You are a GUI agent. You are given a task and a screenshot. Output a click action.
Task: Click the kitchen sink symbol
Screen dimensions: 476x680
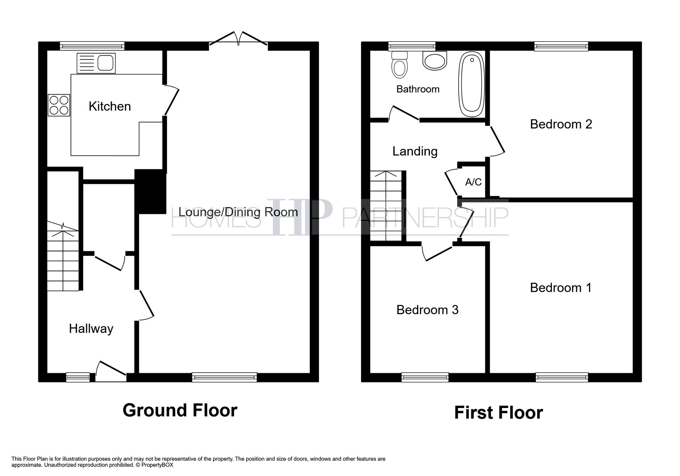pyautogui.click(x=96, y=63)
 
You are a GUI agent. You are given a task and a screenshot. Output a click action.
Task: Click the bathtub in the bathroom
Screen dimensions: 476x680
pyautogui.click(x=472, y=84)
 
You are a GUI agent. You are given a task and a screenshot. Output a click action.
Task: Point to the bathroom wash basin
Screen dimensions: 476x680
pyautogui.click(x=435, y=61)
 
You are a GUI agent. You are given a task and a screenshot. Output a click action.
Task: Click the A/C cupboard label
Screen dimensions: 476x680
pyautogui.click(x=473, y=182)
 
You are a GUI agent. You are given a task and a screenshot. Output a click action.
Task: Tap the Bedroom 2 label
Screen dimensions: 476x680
pyautogui.click(x=561, y=124)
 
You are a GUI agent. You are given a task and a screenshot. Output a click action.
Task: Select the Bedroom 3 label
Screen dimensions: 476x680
pyautogui.click(x=427, y=310)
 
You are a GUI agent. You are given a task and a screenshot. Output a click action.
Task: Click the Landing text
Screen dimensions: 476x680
pyautogui.click(x=415, y=151)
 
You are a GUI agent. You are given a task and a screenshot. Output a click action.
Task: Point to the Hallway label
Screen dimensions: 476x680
pyautogui.click(x=91, y=328)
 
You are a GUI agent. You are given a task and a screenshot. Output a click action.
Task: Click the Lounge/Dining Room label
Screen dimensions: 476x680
pyautogui.click(x=238, y=212)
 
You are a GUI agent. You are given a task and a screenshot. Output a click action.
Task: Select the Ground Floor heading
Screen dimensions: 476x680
pyautogui.click(x=180, y=410)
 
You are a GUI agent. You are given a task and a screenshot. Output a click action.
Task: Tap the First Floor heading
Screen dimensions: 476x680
pyautogui.click(x=498, y=413)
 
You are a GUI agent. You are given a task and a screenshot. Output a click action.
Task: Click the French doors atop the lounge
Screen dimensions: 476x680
pyautogui.click(x=238, y=40)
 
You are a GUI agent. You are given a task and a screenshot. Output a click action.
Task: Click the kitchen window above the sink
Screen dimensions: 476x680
pyautogui.click(x=92, y=46)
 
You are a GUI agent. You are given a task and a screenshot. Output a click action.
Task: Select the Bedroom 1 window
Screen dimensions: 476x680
pyautogui.click(x=562, y=377)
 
